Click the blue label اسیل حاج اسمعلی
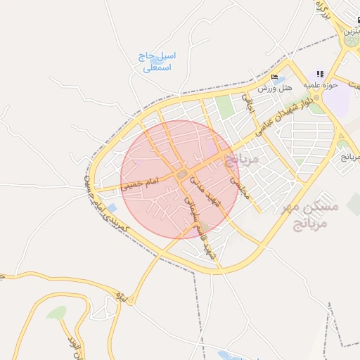click(x=157, y=62)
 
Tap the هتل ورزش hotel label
click(x=274, y=88)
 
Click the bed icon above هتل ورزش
click(x=274, y=77)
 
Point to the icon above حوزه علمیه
click(x=320, y=73)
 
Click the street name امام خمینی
click(x=140, y=185)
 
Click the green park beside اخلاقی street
click(x=224, y=108)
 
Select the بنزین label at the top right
click(x=350, y=32)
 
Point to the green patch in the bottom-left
click(x=56, y=312)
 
